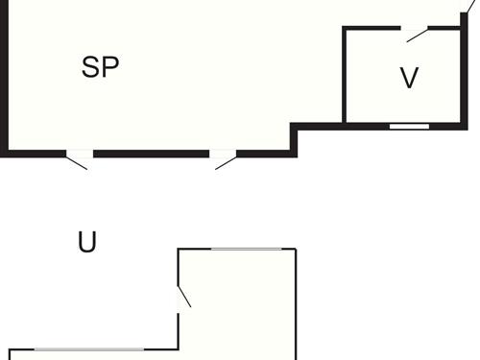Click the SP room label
(100, 68)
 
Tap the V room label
(410, 78)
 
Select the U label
(87, 243)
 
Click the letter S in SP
(91, 68)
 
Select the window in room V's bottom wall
(409, 126)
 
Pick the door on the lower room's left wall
(183, 295)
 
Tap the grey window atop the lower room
(252, 250)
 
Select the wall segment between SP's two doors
(151, 153)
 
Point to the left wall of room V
(345, 77)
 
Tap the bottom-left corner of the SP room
(5, 152)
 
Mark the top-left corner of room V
(346, 29)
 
